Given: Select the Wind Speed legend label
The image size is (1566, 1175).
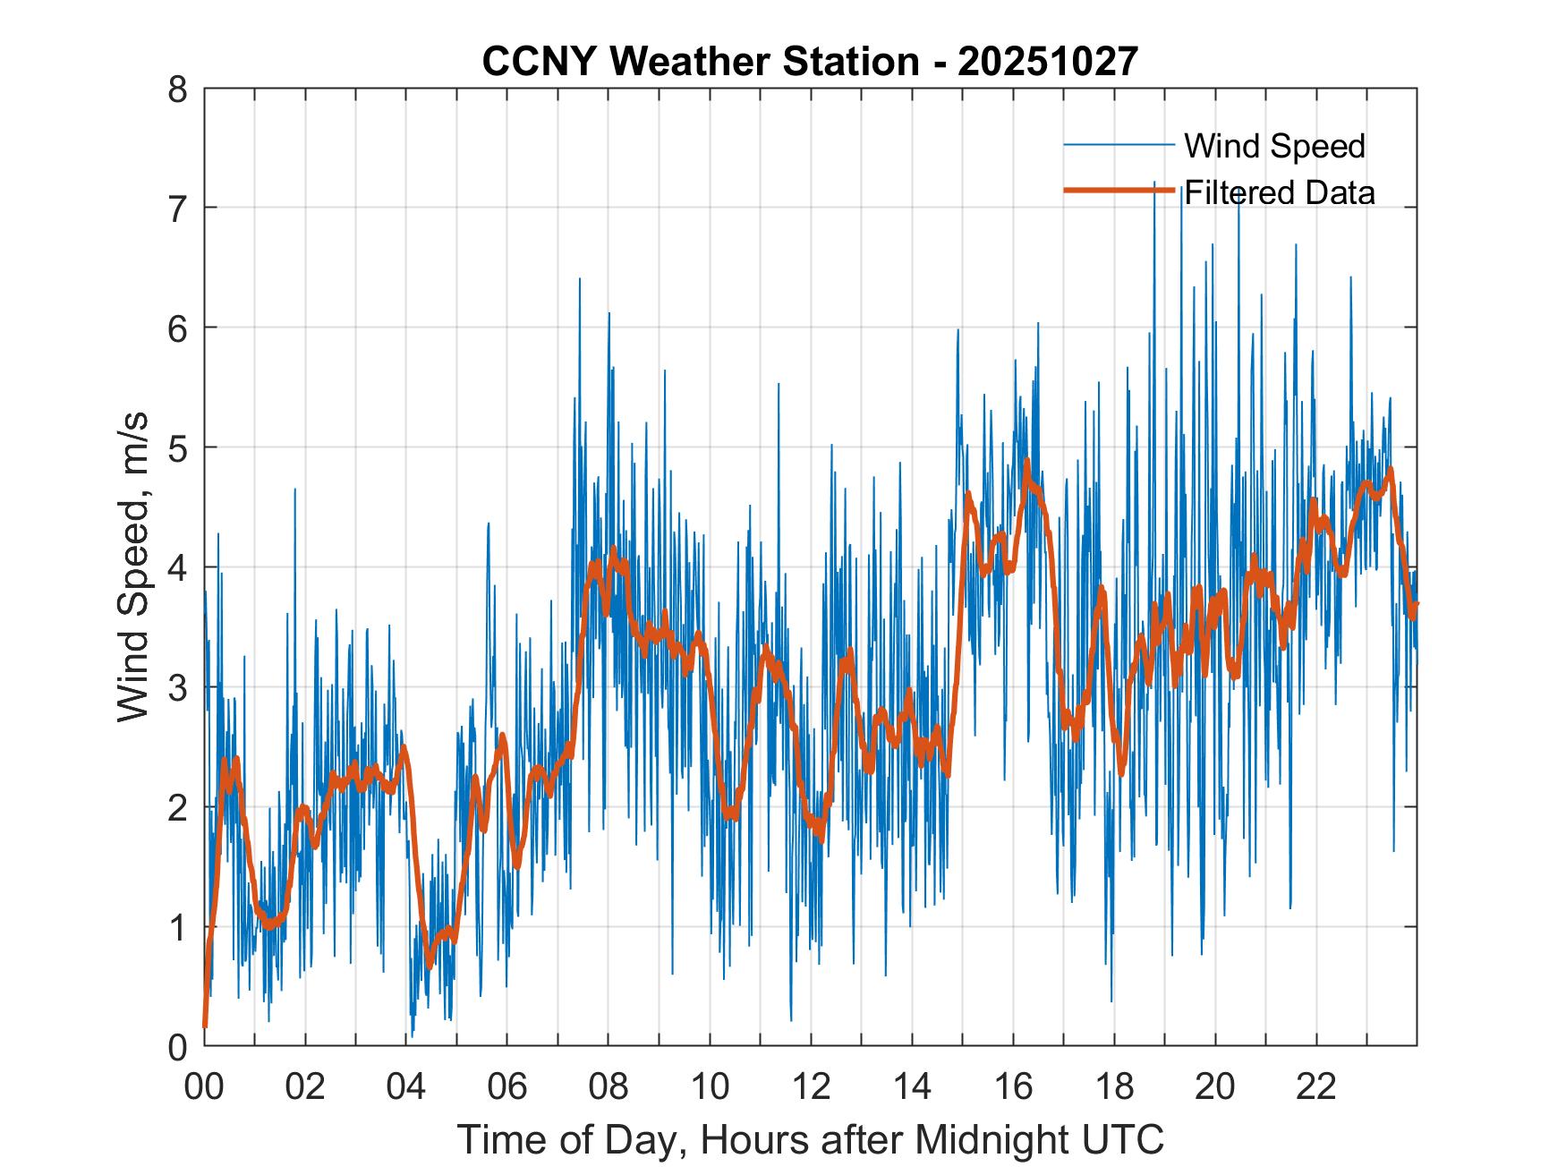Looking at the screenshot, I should (x=1274, y=146).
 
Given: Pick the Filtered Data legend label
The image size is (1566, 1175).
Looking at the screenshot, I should (x=1279, y=192).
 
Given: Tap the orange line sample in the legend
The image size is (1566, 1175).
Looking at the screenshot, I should (x=1119, y=191).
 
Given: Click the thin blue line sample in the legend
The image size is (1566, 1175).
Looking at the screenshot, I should (x=1119, y=145).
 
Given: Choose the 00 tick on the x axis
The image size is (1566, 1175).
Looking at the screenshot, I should (x=204, y=1087).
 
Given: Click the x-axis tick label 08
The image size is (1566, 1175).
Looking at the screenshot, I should (x=609, y=1087).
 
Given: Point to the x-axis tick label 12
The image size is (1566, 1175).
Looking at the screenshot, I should (x=811, y=1087).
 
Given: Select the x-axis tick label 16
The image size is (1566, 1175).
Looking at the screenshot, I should (x=1013, y=1087).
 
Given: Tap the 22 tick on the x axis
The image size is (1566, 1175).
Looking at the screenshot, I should (x=1316, y=1087).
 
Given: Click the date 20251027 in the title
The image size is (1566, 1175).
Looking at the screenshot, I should (x=1047, y=62).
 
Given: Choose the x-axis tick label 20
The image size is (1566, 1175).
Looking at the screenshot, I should (x=1215, y=1087).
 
